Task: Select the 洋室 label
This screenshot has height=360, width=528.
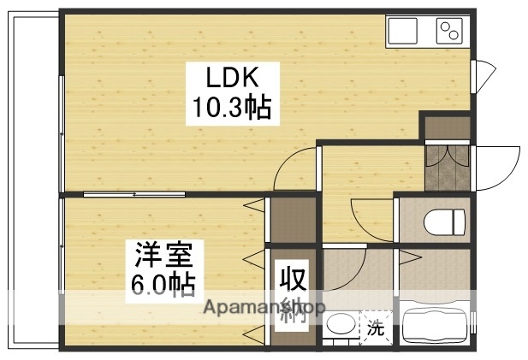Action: pos(167,255)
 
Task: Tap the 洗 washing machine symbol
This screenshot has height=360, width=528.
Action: pos(375,326)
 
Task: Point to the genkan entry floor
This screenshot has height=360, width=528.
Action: pos(448,168)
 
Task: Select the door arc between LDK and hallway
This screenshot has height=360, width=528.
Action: pos(295,168)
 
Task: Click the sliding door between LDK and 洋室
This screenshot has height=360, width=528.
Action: pos(134,195)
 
